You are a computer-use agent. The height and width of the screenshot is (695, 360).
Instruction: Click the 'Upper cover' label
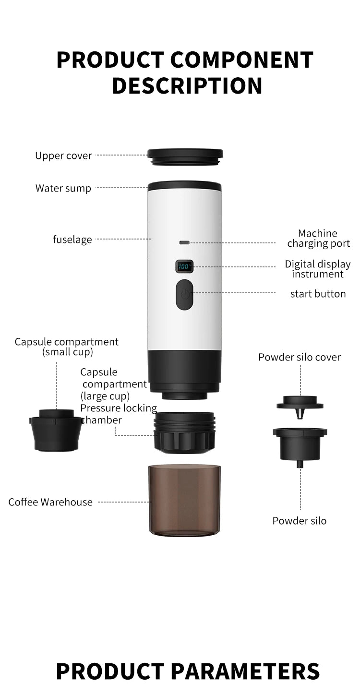coord(63,156)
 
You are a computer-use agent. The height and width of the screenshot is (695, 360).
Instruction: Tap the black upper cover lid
coord(185,156)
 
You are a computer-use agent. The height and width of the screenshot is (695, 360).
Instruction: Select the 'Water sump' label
coord(63,188)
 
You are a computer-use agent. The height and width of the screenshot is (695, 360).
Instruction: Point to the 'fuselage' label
coord(72,239)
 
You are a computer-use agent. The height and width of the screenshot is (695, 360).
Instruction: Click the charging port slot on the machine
coord(184,242)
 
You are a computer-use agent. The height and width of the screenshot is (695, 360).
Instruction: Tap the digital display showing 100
coord(184,266)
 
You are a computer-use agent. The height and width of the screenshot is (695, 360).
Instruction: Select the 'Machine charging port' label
coord(318,239)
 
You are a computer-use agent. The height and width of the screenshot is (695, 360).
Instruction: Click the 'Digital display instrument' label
coord(318,269)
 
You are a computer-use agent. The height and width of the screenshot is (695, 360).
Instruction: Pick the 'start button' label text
coord(318,294)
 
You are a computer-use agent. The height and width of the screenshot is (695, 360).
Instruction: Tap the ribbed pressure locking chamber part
coord(184,432)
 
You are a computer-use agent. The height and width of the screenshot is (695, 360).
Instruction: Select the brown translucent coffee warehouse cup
coord(185,499)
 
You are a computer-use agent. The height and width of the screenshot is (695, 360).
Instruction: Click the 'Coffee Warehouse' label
coord(50,502)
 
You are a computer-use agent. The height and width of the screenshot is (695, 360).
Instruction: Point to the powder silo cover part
coord(300,403)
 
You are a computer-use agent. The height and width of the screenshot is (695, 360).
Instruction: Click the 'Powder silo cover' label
coord(300,357)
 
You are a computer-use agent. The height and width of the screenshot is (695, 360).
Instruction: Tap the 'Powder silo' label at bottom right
coord(300,521)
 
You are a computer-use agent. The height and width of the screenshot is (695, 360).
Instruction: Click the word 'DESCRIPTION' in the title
coord(187,85)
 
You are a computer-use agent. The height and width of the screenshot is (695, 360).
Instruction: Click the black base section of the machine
coord(185,372)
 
